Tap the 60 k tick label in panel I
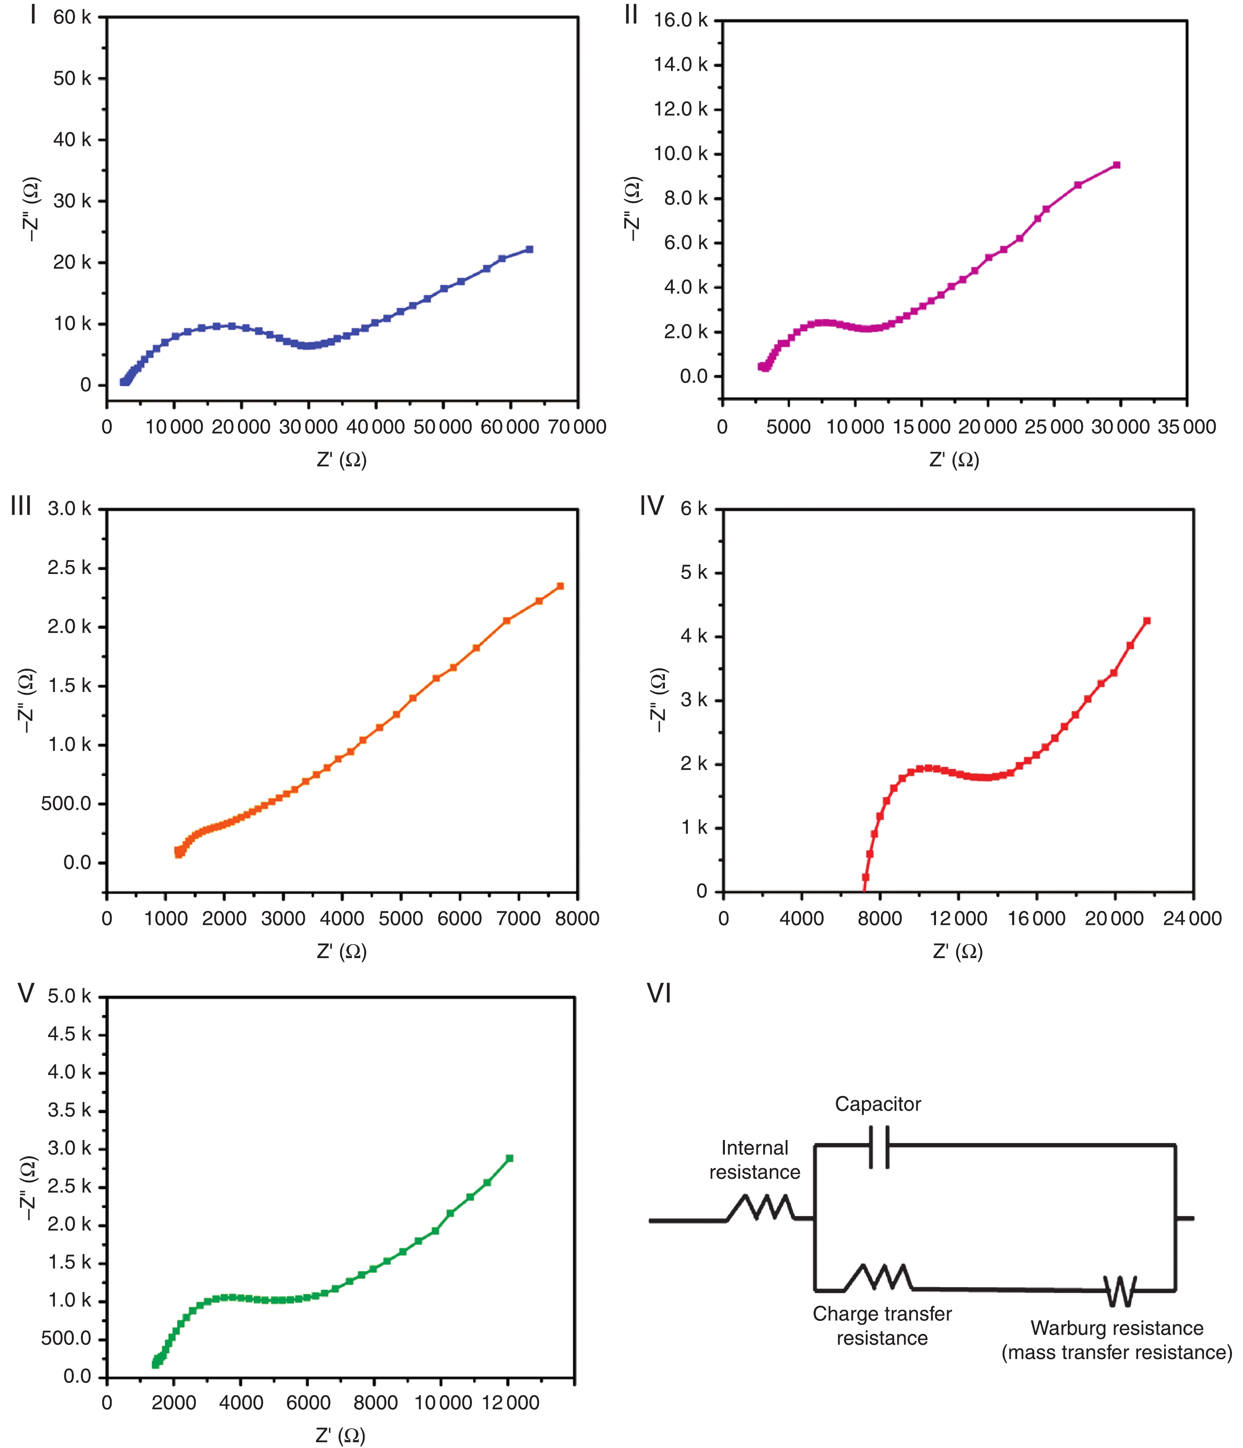click(71, 17)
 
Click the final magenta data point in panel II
click(1117, 165)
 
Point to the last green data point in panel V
click(509, 1158)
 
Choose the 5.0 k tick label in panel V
click(69, 996)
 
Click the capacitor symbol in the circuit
click(879, 1147)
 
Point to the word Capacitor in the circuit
click(878, 1104)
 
